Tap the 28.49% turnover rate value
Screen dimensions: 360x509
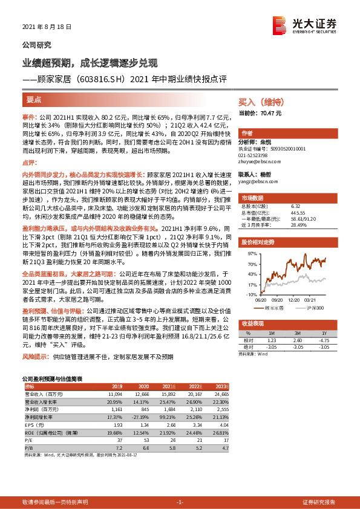(x=298, y=224)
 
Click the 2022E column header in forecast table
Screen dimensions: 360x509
(x=195, y=385)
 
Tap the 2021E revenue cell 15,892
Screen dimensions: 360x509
(x=166, y=393)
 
